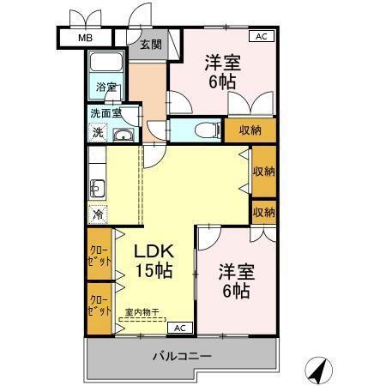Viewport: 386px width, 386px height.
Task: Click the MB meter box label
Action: coord(85,38)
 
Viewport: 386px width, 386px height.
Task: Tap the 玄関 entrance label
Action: coord(151,45)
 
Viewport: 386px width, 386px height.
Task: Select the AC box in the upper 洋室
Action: coord(262,36)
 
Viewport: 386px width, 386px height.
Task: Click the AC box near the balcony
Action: coord(180,328)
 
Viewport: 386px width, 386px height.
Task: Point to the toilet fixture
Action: coord(208,130)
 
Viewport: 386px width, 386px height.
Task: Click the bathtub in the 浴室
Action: coord(106,62)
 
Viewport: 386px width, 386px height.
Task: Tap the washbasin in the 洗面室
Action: coord(124,135)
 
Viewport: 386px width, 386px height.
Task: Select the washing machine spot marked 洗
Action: coord(98,132)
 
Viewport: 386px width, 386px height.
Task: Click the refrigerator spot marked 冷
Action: coord(98,214)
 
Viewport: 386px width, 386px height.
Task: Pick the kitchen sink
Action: coord(97,189)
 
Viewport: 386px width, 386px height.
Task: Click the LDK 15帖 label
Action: coord(154,261)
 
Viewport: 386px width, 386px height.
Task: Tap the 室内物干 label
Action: coord(142,312)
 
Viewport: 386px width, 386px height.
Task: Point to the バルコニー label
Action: coord(182,356)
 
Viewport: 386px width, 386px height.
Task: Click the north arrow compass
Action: coord(318,371)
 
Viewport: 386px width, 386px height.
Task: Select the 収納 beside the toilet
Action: coord(250,130)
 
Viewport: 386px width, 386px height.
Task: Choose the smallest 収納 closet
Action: coord(263,212)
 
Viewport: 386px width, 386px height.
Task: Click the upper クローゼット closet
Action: coord(100,254)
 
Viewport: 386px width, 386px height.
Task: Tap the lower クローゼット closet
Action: coord(100,309)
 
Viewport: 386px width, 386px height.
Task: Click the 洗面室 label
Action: coord(106,113)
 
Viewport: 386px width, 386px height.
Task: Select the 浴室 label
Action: coord(106,87)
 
